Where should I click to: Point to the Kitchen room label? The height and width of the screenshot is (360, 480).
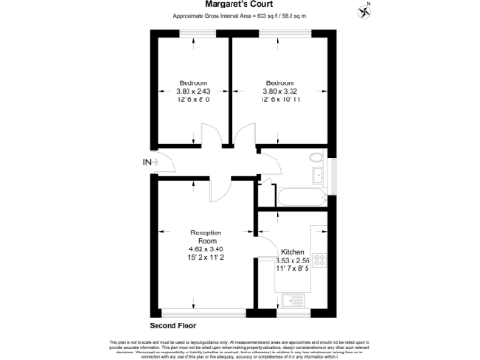tap(292, 253)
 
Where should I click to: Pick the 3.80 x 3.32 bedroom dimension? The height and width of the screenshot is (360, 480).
tap(279, 91)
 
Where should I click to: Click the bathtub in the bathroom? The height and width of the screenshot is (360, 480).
tap(297, 198)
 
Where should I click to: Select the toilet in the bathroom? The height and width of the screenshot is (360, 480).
tap(316, 158)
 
